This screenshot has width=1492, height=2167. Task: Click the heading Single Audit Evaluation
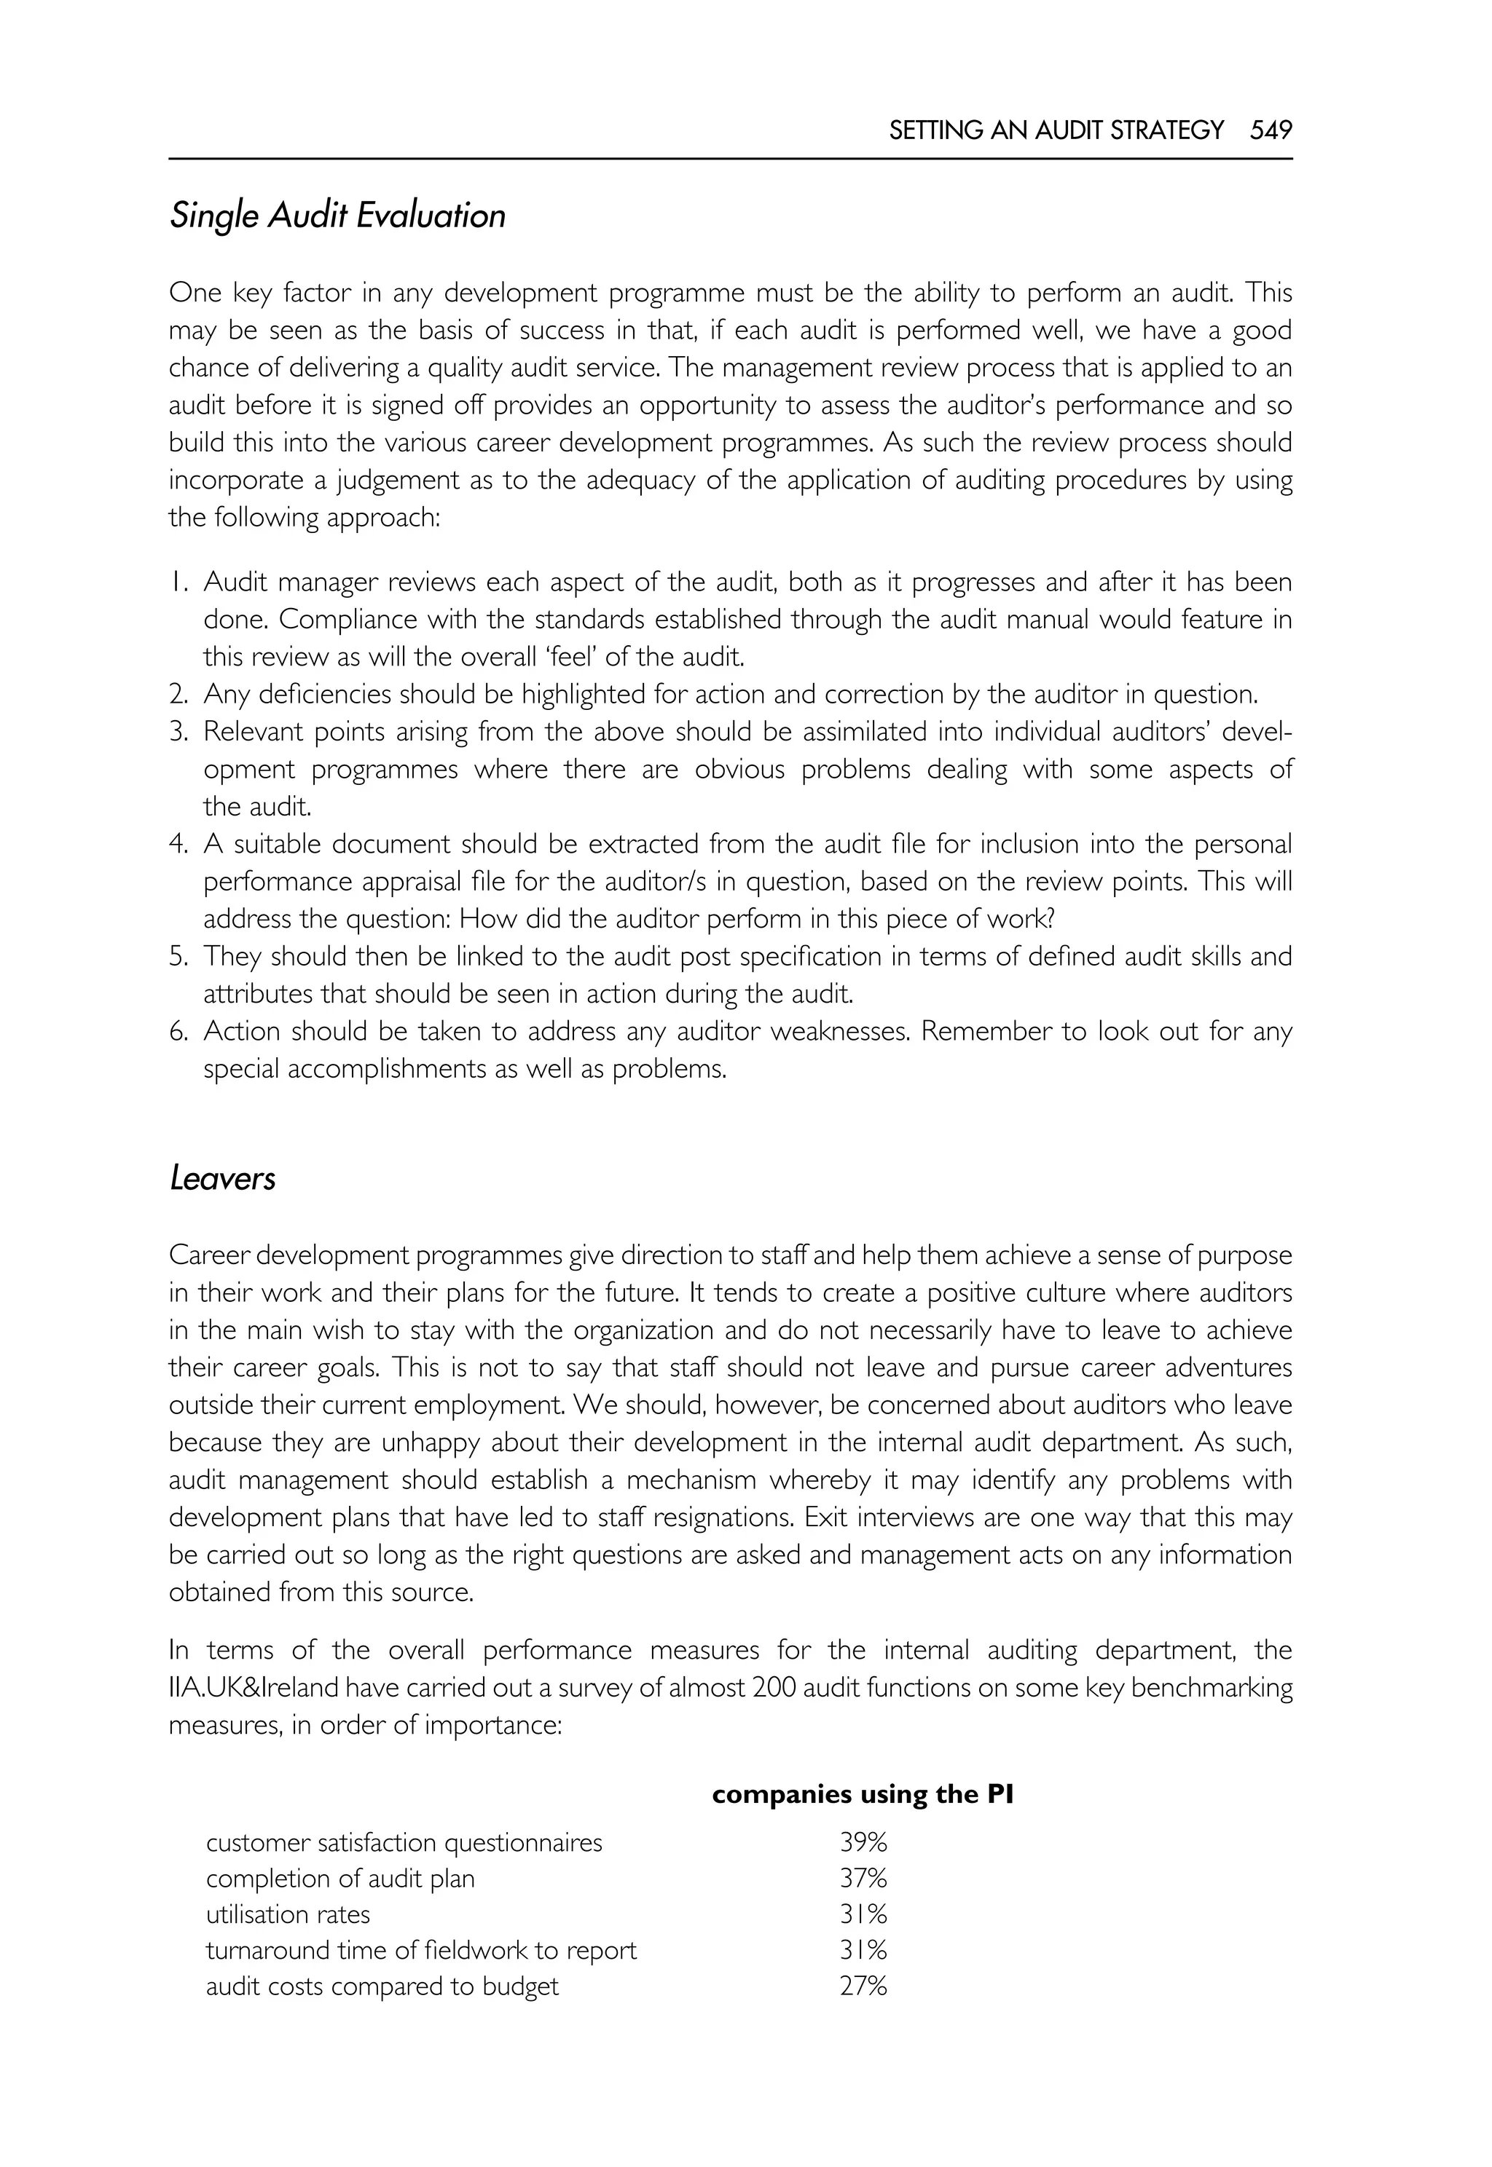coord(337,216)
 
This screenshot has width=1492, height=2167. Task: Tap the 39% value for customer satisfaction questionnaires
coord(862,1843)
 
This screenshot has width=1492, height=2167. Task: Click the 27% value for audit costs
coord(862,1986)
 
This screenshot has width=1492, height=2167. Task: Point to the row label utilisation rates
coord(288,1915)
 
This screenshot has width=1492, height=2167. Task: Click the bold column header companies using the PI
coord(862,1794)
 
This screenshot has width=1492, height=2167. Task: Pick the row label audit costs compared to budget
coord(382,1986)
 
